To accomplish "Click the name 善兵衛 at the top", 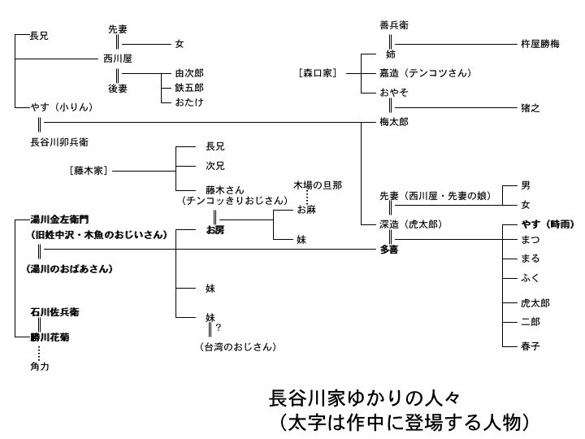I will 393,25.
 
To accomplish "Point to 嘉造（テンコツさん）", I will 425,73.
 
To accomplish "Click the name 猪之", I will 530,106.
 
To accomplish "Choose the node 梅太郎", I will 393,122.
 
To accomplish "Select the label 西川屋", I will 118,59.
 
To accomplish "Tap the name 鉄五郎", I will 188,88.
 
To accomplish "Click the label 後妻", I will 118,88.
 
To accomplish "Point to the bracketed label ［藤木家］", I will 89,171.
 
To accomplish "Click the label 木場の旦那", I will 318,186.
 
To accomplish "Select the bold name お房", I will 215,231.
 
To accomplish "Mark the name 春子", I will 531,346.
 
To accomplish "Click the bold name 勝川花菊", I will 49,337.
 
